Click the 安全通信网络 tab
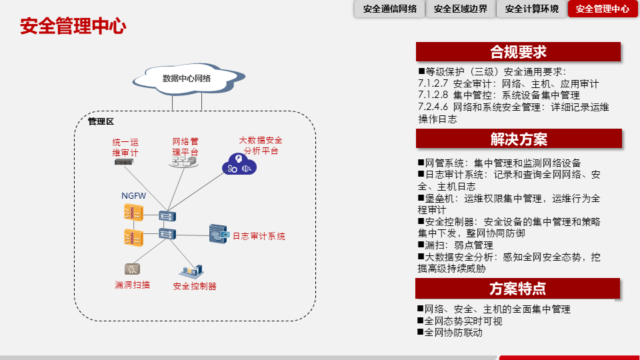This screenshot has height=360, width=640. (x=390, y=9)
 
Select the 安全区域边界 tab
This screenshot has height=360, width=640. (x=461, y=9)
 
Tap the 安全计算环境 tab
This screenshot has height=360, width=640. (x=532, y=9)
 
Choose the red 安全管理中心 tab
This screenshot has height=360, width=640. (x=603, y=9)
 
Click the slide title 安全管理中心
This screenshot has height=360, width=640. (x=73, y=27)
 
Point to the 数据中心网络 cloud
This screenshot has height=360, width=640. (x=187, y=78)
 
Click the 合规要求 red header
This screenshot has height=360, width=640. (x=518, y=52)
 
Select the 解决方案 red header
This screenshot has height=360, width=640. (x=518, y=139)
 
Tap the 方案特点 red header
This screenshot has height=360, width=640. (x=518, y=289)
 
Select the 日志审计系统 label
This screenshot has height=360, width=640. (x=259, y=236)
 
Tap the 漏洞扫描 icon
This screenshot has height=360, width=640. (x=133, y=269)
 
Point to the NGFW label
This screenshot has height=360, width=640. (x=133, y=195)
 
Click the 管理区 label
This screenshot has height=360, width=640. (x=101, y=121)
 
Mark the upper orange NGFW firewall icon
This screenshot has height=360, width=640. (x=133, y=213)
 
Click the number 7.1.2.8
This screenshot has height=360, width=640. (x=433, y=95)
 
